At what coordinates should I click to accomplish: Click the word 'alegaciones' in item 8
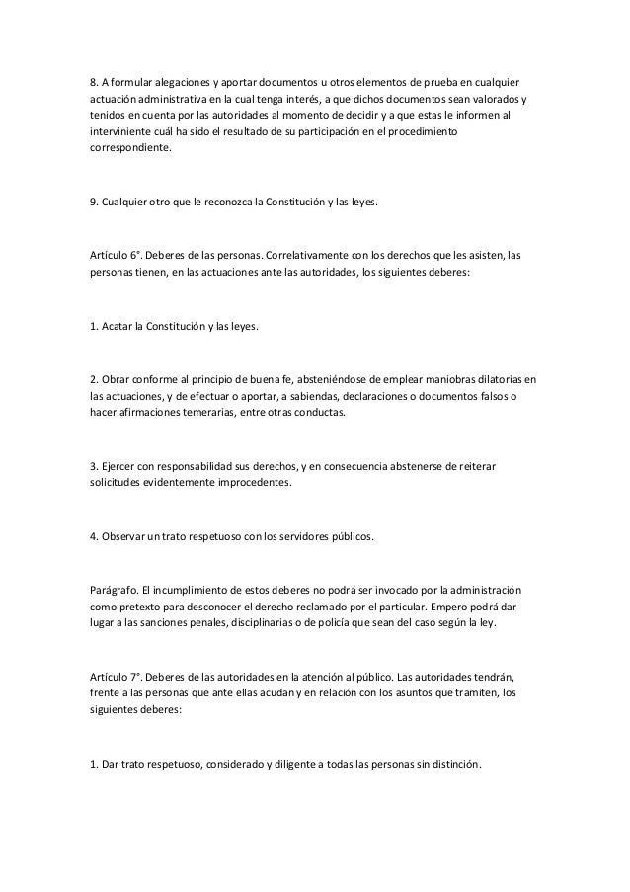pos(183,79)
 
